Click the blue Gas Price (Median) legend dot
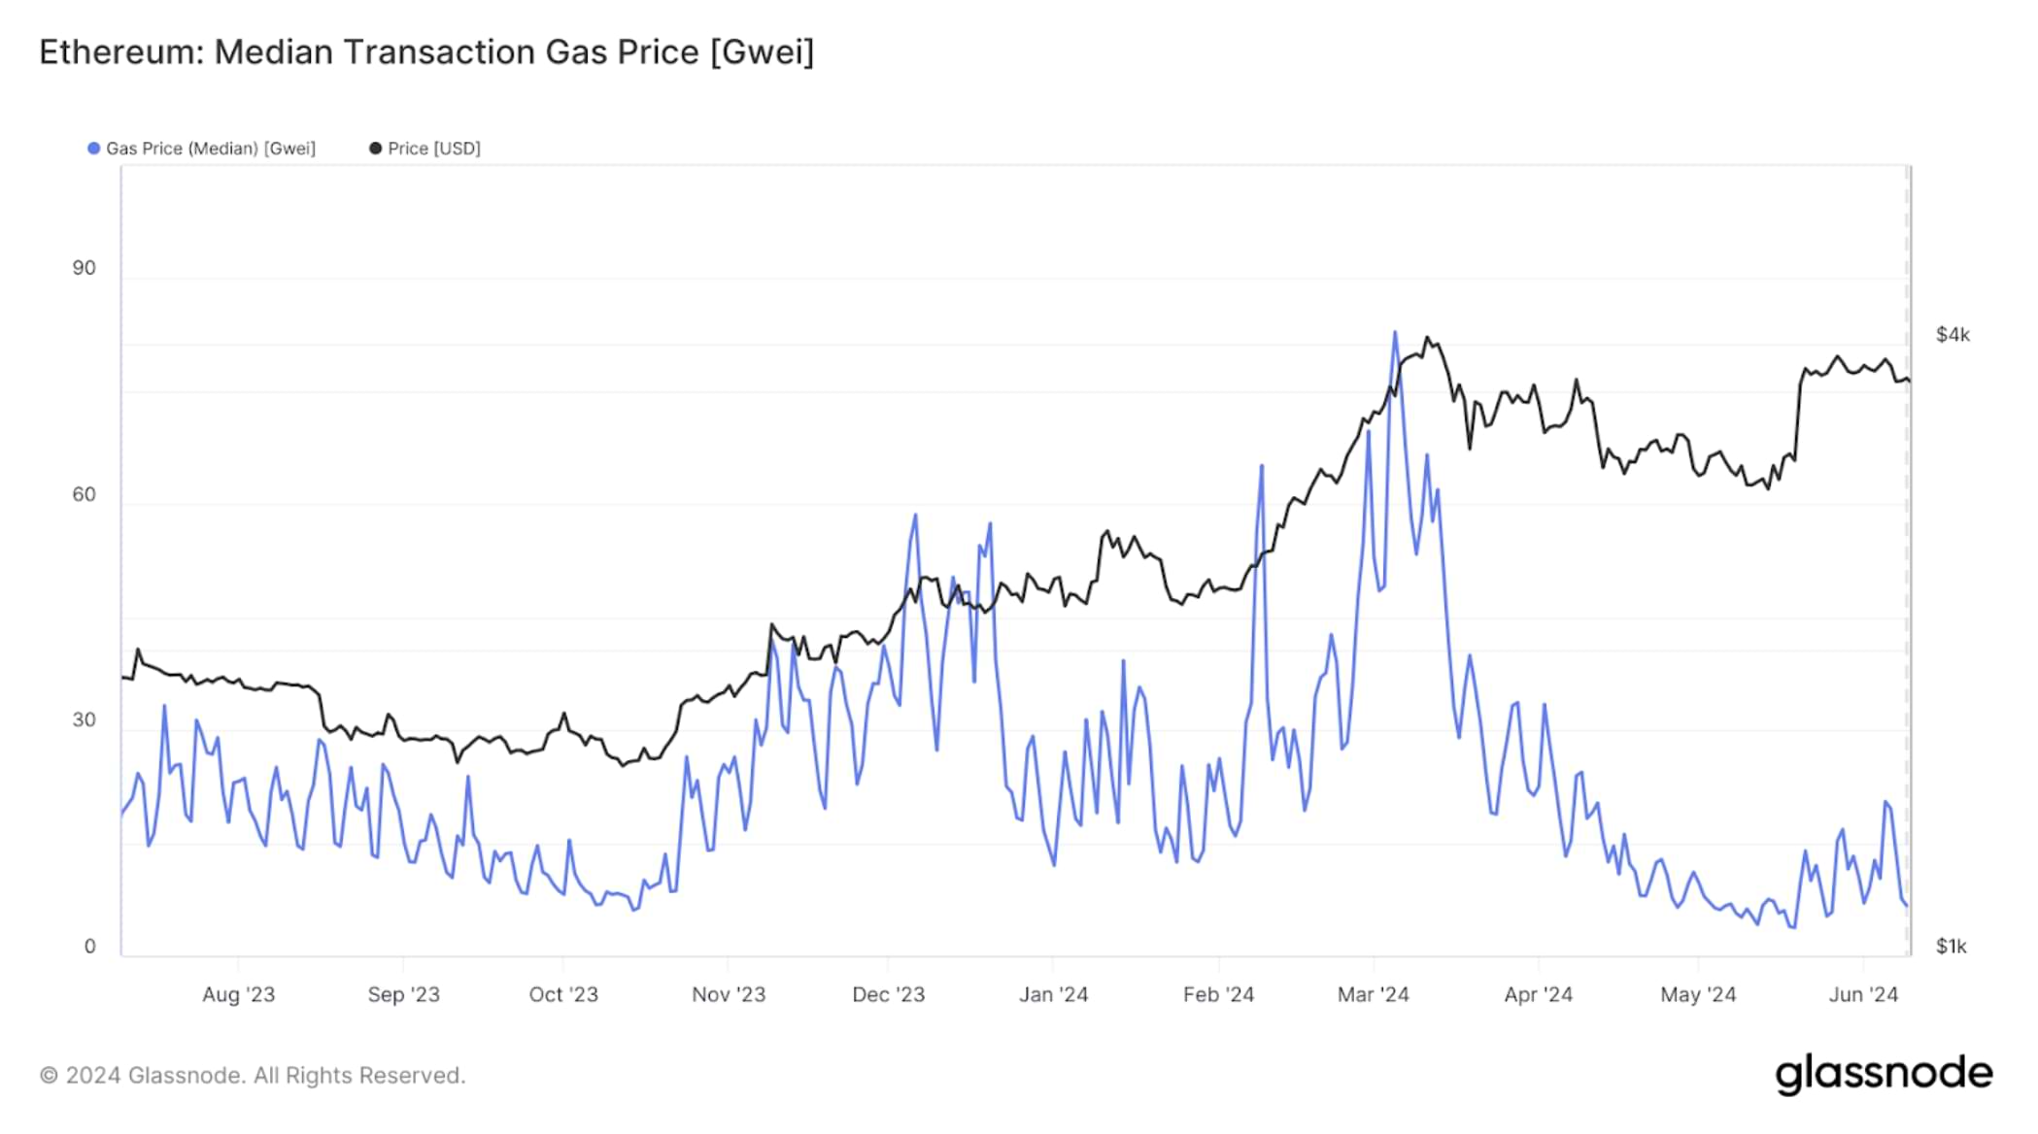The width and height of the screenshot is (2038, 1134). (93, 149)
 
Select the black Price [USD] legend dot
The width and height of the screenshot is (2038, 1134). (375, 149)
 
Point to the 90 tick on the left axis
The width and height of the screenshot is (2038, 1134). (85, 268)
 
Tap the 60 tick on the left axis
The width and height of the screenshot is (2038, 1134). (85, 494)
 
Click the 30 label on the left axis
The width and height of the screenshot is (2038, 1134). (85, 719)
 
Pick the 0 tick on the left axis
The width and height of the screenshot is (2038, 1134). (90, 946)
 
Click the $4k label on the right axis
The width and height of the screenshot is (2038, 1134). (1953, 335)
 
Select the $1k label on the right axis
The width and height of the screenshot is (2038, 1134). (1951, 946)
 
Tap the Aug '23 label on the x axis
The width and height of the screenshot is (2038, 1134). (238, 994)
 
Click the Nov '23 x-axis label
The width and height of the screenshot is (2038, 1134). (729, 994)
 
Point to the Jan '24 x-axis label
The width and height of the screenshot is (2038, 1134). (1053, 994)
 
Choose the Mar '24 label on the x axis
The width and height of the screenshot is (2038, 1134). (1373, 994)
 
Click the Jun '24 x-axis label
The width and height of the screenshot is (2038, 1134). (1862, 994)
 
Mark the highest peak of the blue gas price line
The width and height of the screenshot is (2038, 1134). (1395, 333)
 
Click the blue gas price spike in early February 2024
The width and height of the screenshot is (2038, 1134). (1262, 467)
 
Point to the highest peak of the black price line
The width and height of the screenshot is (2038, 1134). (1426, 338)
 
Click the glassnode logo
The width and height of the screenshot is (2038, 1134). (1884, 1074)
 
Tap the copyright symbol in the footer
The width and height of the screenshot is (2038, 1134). (49, 1076)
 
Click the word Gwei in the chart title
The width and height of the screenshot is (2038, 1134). (763, 52)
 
